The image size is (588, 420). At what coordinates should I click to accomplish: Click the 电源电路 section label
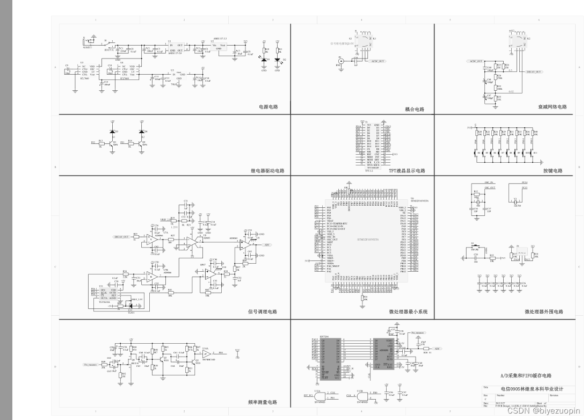[x=268, y=107]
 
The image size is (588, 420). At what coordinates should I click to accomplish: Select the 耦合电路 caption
[x=415, y=109]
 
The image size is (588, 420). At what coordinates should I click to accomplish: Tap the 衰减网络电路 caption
[x=553, y=107]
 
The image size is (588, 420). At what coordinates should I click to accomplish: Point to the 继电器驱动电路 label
[x=268, y=171]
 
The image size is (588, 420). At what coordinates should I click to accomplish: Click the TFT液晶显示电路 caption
[x=406, y=171]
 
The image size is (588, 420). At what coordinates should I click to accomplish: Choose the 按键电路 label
[x=553, y=171]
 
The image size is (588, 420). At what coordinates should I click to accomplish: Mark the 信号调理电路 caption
[x=262, y=312]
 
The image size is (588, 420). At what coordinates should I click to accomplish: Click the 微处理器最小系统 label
[x=409, y=312]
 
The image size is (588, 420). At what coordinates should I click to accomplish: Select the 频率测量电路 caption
[x=263, y=402]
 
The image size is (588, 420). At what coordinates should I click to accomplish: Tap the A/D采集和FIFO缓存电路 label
[x=526, y=376]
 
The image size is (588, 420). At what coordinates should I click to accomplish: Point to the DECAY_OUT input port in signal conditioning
[x=121, y=236]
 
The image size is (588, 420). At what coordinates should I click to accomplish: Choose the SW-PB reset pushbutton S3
[x=474, y=251]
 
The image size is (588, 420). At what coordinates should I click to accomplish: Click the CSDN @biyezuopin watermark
[x=543, y=411]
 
